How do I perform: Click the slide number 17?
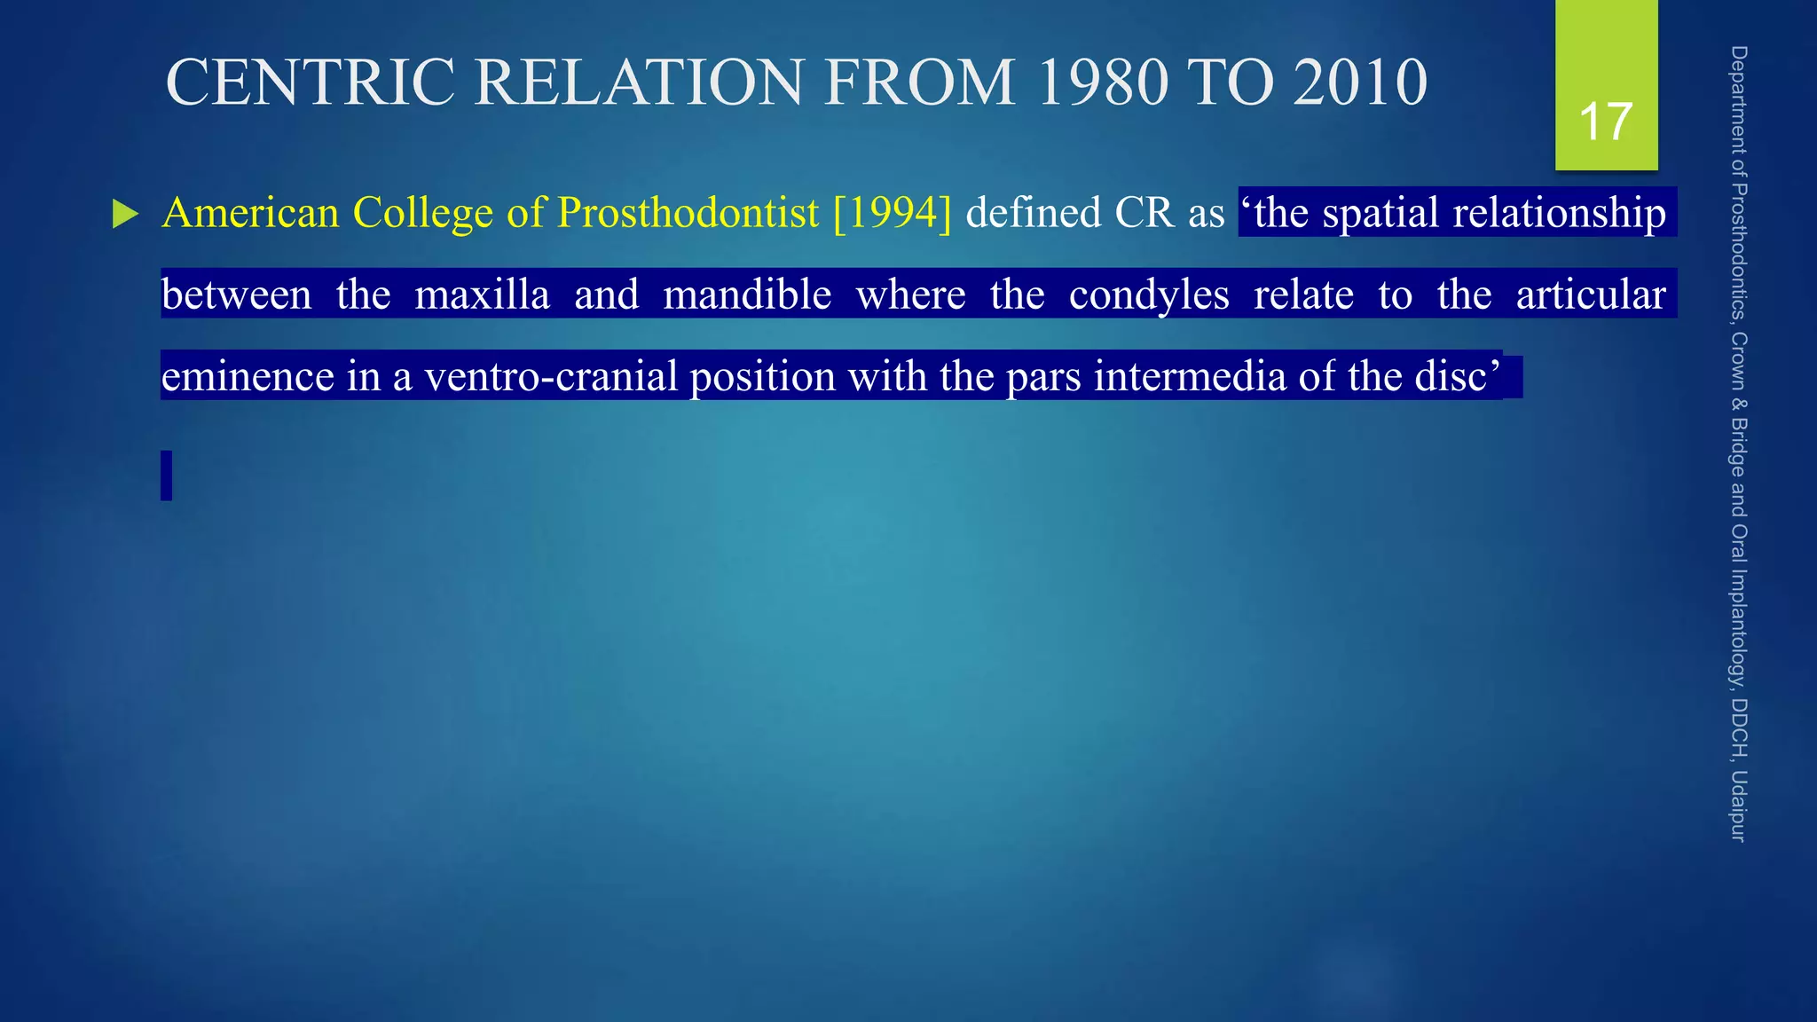click(1606, 122)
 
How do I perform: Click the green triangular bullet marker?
click(125, 215)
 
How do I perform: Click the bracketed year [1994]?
click(892, 213)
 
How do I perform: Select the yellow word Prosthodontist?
click(688, 213)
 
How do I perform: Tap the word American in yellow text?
click(251, 213)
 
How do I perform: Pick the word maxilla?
click(482, 295)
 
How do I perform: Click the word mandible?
click(747, 295)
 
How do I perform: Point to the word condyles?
click(1148, 295)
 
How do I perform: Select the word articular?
click(1590, 295)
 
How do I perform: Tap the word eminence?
click(248, 376)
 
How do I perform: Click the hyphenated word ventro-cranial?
click(551, 376)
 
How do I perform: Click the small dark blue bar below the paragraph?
click(166, 476)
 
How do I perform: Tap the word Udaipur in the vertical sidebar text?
click(1738, 806)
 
